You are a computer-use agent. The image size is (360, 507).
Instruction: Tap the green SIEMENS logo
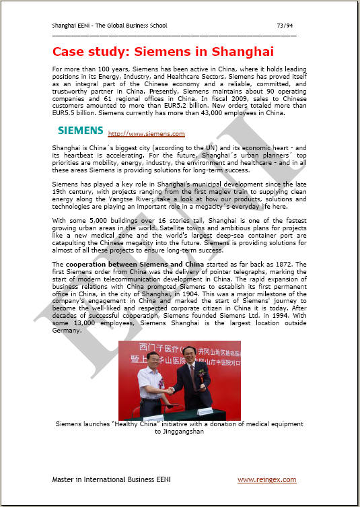coord(79,129)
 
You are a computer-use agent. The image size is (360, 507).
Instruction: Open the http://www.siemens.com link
coord(146,134)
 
